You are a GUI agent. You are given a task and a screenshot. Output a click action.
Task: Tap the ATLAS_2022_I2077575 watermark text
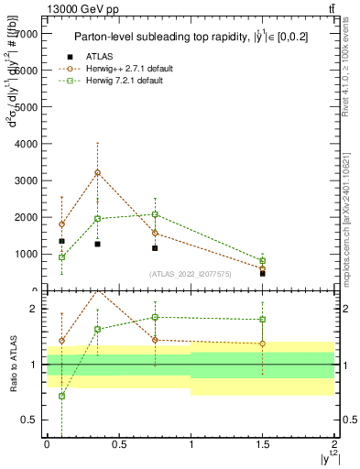coord(190,273)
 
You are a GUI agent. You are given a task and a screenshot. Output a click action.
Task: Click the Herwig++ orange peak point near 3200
coord(97,172)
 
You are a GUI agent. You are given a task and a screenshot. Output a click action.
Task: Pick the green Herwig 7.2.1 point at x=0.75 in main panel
coord(155,214)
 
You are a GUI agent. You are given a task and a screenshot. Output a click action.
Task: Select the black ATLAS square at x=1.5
coord(262,273)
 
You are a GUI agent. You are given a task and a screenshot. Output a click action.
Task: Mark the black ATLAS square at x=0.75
coord(155,248)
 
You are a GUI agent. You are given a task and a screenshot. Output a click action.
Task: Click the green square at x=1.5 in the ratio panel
coord(262,320)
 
